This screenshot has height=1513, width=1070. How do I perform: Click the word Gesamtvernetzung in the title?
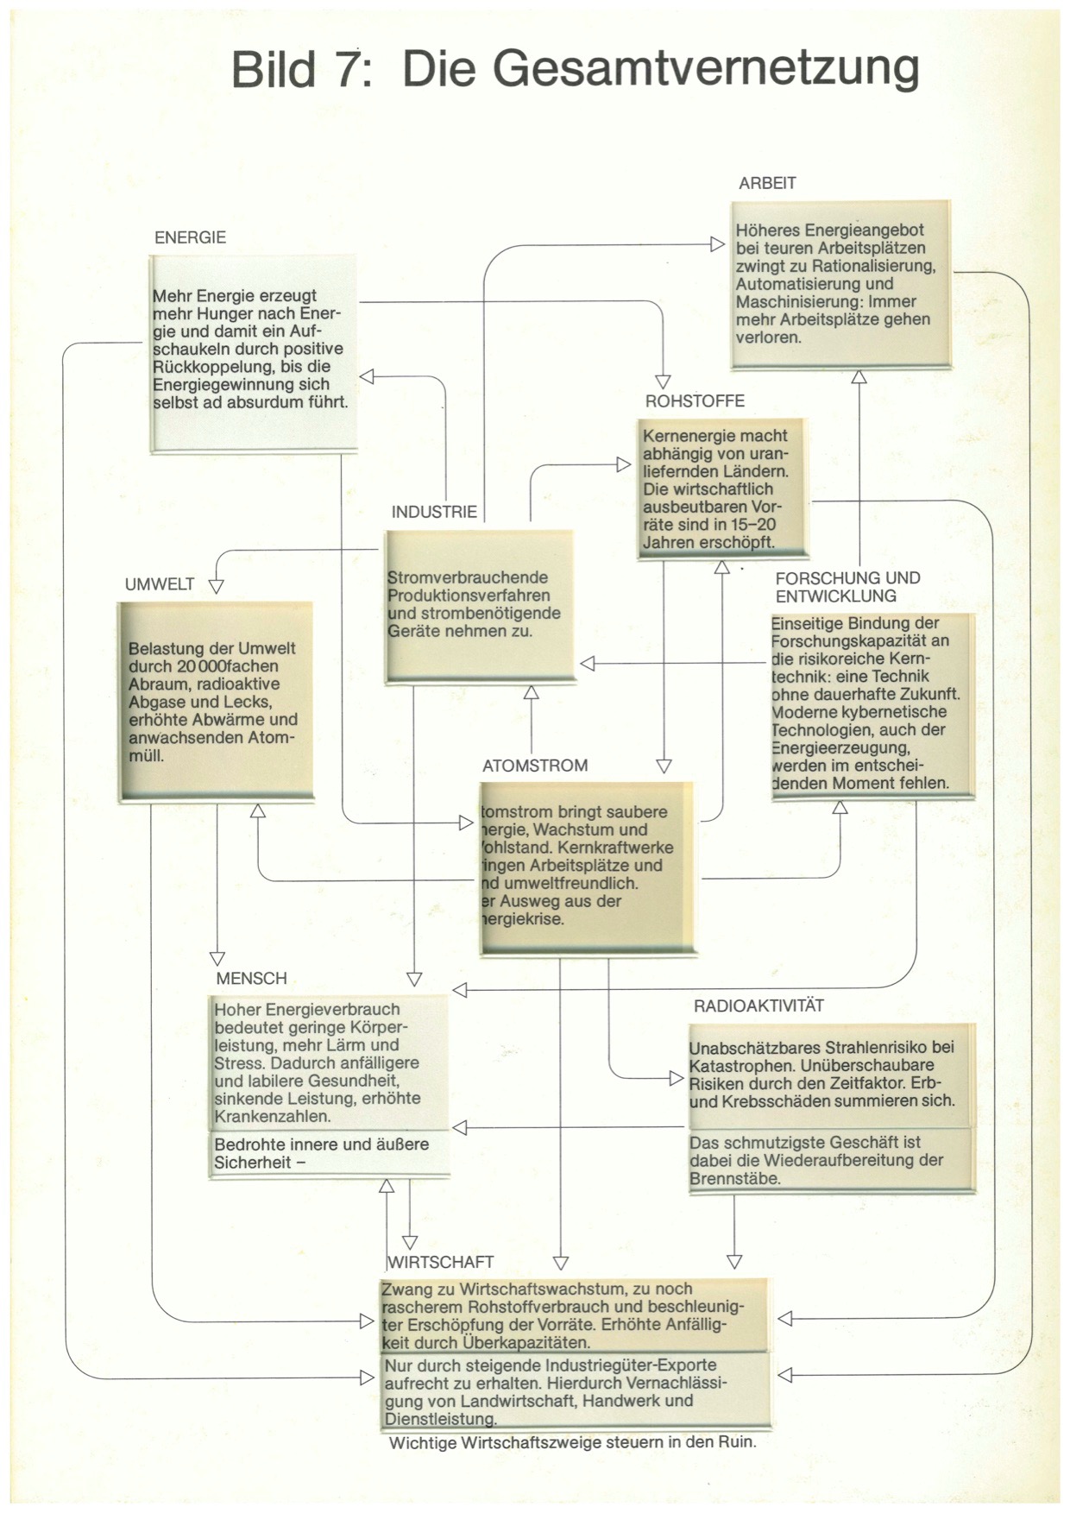click(660, 69)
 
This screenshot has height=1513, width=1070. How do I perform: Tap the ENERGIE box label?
click(190, 237)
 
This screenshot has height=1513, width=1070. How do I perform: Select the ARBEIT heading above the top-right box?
click(767, 183)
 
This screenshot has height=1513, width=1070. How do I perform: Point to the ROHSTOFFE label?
click(695, 400)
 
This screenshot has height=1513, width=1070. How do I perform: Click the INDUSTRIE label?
click(434, 512)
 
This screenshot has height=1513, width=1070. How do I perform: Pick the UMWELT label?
click(160, 584)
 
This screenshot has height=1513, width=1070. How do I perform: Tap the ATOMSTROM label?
click(535, 766)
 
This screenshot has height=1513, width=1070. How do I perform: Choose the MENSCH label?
click(251, 979)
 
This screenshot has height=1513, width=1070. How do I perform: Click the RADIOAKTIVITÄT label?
click(758, 1006)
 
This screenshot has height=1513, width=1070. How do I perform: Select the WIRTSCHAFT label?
click(441, 1262)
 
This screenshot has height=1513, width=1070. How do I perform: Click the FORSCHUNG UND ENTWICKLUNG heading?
click(847, 587)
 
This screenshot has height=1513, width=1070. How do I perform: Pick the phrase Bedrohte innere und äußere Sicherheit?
click(321, 1153)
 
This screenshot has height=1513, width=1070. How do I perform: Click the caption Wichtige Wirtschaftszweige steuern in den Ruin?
click(572, 1442)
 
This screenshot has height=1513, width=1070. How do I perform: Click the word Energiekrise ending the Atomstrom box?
click(523, 919)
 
